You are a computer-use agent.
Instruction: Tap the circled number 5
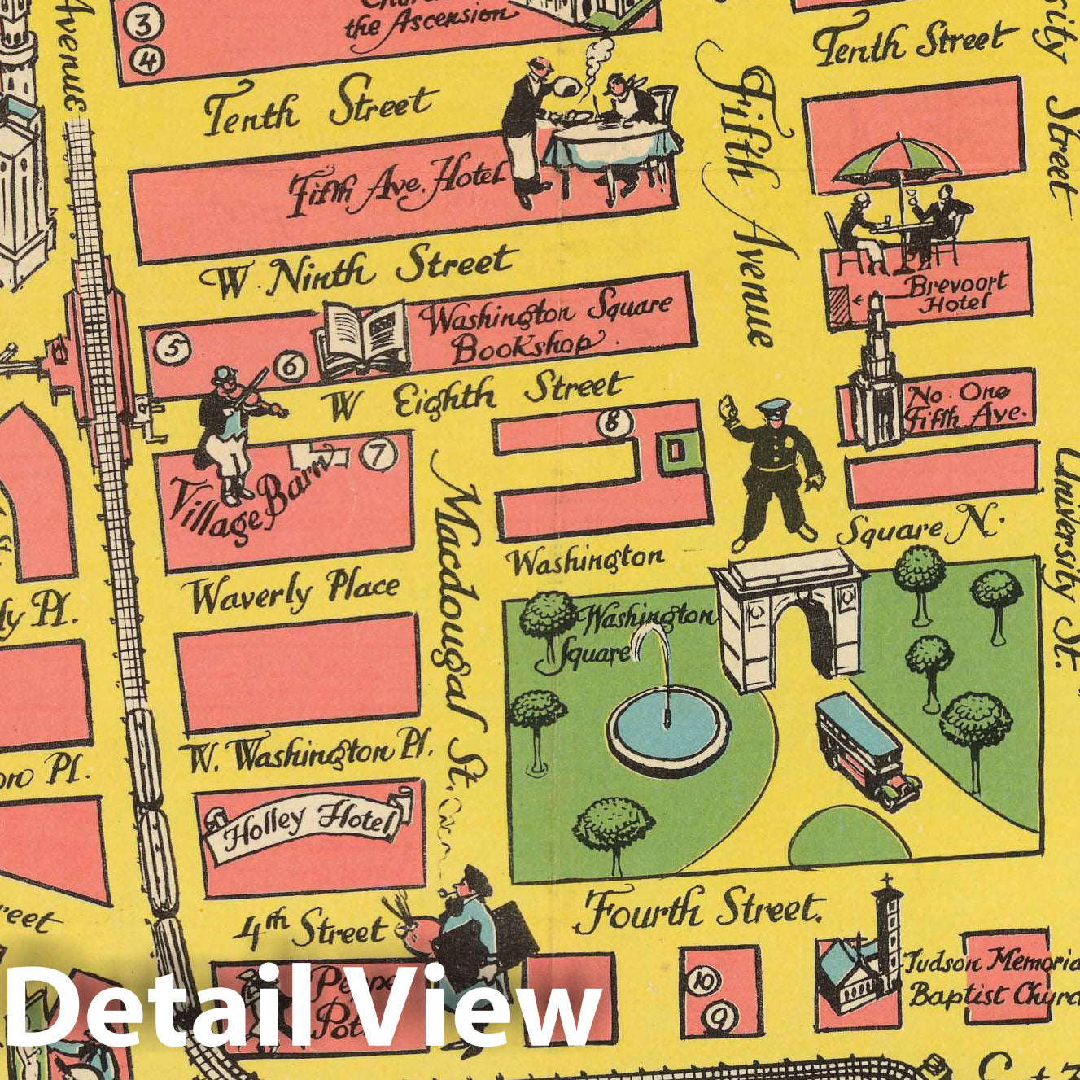click(x=173, y=348)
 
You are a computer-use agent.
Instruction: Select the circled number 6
click(x=291, y=366)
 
